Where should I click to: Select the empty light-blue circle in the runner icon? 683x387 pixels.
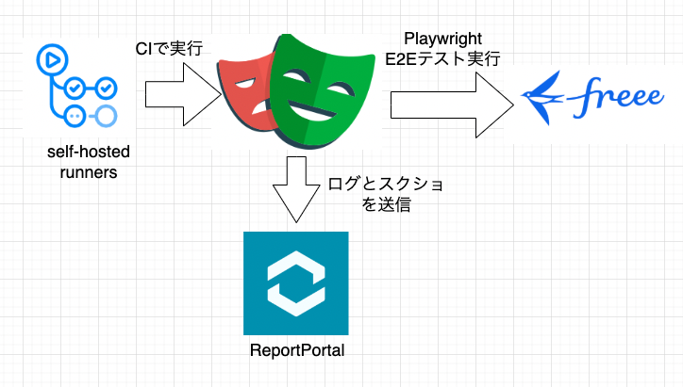107,116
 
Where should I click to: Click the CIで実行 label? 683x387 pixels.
168,46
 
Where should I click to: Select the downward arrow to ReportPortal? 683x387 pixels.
295,188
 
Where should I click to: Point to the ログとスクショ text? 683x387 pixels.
383,183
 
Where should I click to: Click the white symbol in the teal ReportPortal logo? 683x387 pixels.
295,282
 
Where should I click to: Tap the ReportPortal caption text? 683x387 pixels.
295,352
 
